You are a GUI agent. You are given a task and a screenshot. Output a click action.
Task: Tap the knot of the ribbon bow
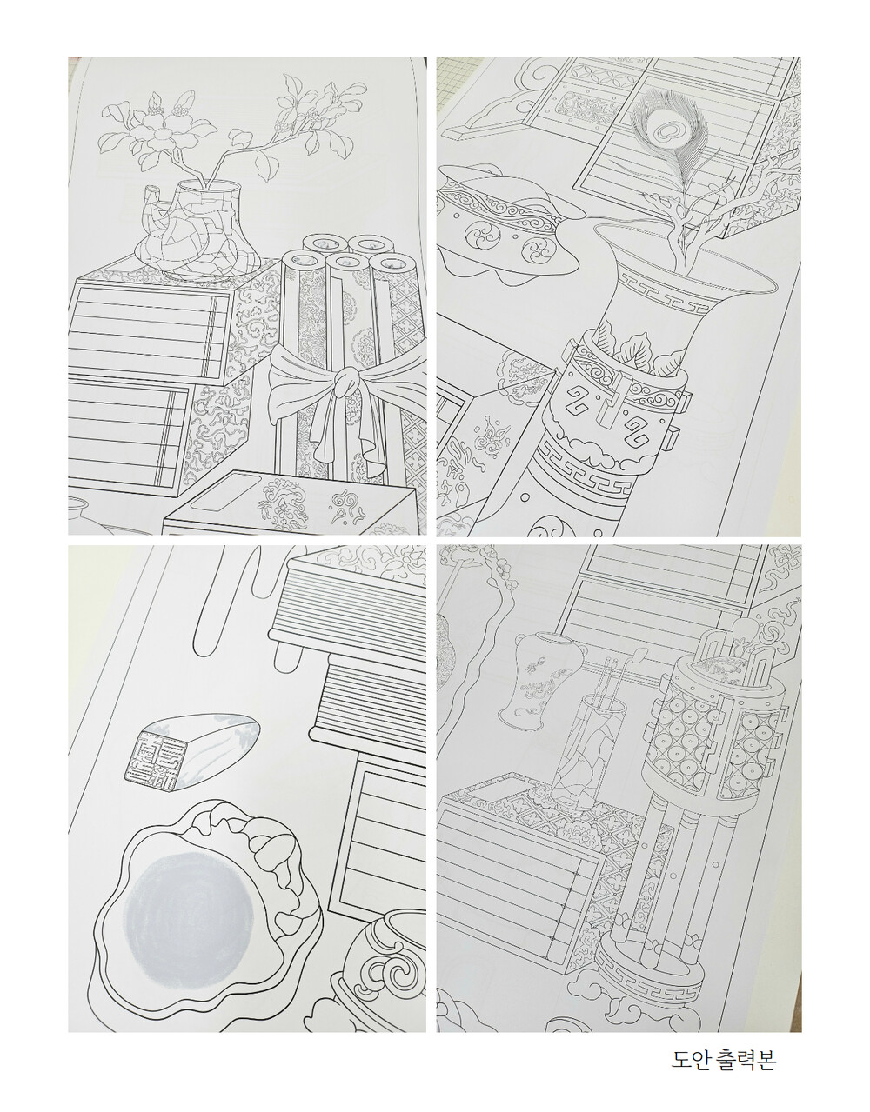pyautogui.click(x=345, y=382)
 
